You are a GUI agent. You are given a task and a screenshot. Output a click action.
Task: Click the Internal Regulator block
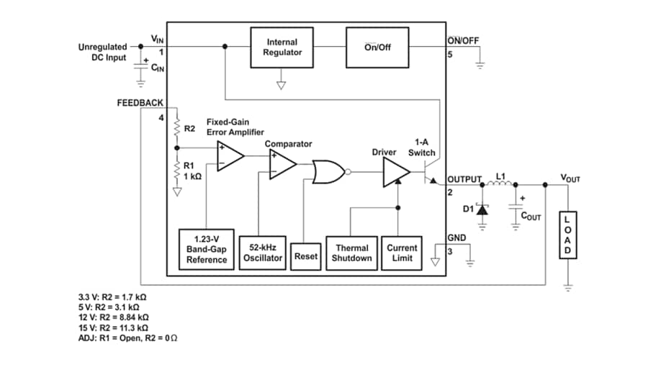[x=282, y=47]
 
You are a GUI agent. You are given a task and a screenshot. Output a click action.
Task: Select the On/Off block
[x=377, y=47]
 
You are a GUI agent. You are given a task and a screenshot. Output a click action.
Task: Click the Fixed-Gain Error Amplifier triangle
[x=230, y=155]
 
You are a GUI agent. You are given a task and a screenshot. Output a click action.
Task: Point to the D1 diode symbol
[x=482, y=209]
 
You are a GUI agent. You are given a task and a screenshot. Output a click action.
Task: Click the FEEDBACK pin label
[x=140, y=103]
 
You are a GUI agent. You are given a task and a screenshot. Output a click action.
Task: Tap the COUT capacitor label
[x=531, y=215]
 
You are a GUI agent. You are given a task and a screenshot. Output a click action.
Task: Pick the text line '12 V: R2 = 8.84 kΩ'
[x=113, y=317]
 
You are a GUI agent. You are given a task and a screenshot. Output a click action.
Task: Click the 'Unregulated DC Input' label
[x=102, y=52]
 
